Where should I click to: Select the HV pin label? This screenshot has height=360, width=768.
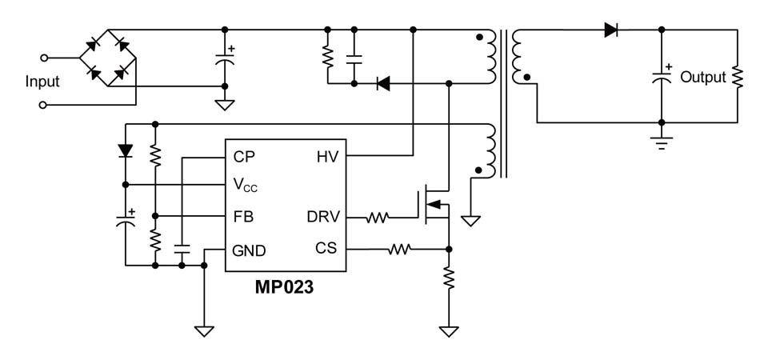(327, 155)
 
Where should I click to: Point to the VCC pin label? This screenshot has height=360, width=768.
(246, 186)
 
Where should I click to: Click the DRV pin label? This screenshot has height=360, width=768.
(323, 217)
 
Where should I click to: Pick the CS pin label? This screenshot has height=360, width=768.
(326, 250)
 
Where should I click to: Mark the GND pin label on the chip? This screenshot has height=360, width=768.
(249, 250)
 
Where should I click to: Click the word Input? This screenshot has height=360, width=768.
(42, 82)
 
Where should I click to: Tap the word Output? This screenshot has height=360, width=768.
(703, 78)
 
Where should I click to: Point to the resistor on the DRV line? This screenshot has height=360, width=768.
(378, 217)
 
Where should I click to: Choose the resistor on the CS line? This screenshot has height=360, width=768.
(399, 250)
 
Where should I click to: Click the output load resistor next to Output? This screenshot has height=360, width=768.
(738, 77)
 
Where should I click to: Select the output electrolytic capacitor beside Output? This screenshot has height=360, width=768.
(661, 78)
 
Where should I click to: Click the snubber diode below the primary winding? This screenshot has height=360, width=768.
(382, 82)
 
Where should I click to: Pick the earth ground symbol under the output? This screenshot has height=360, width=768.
(661, 144)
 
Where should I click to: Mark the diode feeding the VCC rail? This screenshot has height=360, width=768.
(125, 150)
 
